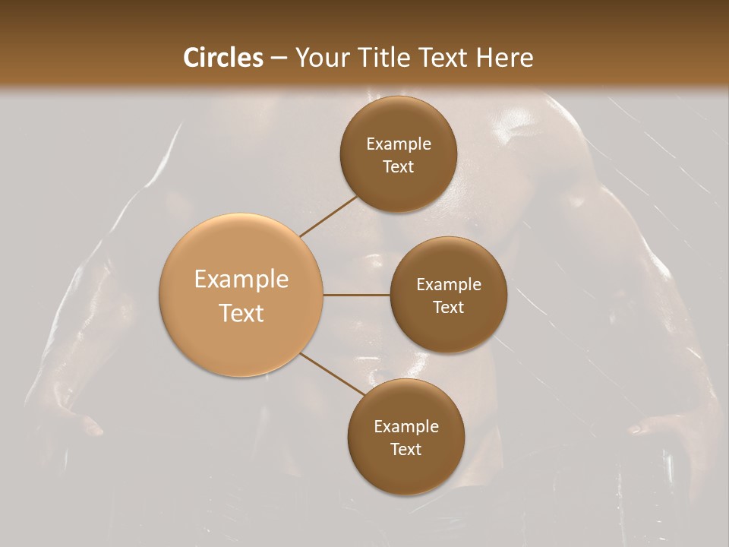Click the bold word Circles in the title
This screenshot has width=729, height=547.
coord(223,58)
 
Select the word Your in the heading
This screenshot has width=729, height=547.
coord(320,58)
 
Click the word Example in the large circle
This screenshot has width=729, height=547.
coord(241,280)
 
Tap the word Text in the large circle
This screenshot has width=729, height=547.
coord(241,313)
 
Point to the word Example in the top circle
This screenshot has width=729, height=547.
coord(399,144)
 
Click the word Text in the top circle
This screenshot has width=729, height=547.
coord(399,166)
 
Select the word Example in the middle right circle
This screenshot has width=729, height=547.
coord(449,285)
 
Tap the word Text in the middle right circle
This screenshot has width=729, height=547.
coord(449,307)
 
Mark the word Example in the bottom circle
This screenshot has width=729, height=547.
coord(406,427)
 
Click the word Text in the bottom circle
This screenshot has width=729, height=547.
coord(406,449)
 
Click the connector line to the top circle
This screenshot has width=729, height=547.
coord(328,217)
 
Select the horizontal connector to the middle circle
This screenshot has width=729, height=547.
coord(357,294)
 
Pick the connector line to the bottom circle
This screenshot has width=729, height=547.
coord(333,374)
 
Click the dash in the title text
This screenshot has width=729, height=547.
coord(279,58)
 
